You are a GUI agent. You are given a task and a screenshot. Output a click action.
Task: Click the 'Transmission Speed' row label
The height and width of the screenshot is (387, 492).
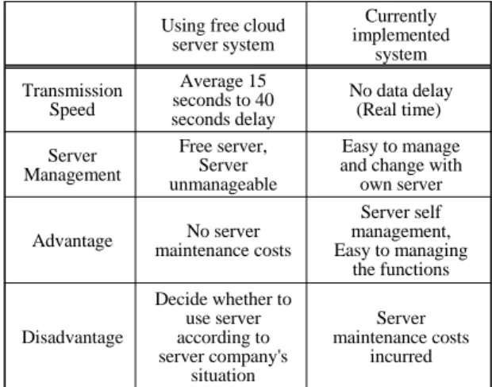tap(72, 100)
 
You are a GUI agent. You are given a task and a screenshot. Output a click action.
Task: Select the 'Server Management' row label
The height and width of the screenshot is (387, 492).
tap(72, 165)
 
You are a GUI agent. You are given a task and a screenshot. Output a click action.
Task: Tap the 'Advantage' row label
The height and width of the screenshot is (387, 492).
tap(72, 242)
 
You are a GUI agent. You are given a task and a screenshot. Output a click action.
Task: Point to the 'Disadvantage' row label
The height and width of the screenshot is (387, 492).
tap(72, 338)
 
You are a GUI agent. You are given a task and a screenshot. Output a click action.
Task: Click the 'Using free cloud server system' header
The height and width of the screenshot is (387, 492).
tap(223, 35)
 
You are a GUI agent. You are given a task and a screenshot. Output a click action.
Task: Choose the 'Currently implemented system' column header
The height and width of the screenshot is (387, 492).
tap(401, 35)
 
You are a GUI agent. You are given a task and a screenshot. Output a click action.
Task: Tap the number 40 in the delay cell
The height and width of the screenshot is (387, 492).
tap(264, 100)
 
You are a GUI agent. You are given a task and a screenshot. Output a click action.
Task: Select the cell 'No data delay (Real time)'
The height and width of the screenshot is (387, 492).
tap(401, 100)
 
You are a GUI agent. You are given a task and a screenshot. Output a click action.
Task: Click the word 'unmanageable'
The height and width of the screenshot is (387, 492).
tap(223, 184)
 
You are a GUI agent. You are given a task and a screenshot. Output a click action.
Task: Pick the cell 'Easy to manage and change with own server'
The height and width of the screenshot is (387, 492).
tap(401, 165)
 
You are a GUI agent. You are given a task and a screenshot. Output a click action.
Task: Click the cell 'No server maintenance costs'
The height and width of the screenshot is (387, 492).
tap(223, 241)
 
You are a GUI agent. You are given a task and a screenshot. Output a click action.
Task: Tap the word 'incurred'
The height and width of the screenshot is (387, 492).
tap(401, 356)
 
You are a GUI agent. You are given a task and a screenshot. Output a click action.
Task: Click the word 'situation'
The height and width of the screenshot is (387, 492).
tap(223, 375)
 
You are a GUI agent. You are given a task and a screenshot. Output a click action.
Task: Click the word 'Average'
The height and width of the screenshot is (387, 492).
tap(212, 81)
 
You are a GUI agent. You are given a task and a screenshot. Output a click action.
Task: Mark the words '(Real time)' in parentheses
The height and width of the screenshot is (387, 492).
tap(399, 110)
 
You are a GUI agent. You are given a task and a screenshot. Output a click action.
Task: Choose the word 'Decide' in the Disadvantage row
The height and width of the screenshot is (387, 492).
tap(178, 299)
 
